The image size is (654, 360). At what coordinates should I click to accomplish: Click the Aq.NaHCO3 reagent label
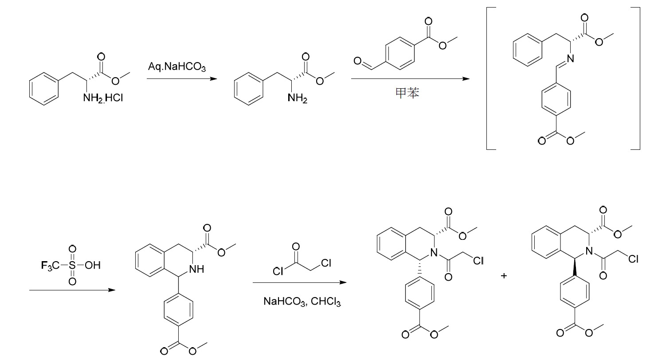176,67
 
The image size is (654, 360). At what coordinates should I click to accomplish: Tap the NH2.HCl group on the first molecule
103,98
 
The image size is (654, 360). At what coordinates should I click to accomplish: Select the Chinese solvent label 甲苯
407,93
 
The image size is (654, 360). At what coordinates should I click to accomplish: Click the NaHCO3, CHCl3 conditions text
302,301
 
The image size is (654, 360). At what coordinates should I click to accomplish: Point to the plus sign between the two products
504,276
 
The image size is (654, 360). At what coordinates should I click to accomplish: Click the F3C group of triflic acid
50,266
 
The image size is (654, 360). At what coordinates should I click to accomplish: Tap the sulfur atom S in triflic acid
72,266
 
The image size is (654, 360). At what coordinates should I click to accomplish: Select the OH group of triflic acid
93,266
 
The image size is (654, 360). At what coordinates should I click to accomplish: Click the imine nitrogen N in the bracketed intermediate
570,59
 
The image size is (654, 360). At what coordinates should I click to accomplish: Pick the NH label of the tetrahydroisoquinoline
196,269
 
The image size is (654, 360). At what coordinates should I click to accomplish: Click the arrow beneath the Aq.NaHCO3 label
182,78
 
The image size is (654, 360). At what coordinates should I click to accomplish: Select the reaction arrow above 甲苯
410,78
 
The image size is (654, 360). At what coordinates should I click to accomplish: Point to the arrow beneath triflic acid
72,290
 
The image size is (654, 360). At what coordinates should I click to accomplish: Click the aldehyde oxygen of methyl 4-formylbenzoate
357,61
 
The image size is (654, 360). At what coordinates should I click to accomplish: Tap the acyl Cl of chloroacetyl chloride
278,271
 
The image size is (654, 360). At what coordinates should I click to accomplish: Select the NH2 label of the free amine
297,98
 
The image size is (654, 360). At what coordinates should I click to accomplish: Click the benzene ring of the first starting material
44,89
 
